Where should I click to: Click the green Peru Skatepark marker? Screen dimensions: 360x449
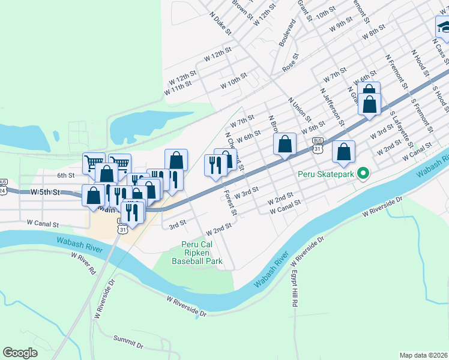point(363,175)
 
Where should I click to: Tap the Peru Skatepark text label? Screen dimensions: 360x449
point(328,176)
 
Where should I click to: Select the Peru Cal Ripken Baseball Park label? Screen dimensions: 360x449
point(197,253)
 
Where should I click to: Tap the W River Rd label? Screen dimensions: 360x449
point(83,263)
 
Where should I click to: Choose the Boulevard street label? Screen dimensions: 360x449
point(288,33)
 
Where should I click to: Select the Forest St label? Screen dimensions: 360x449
point(231,203)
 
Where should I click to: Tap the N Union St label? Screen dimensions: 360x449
point(300,109)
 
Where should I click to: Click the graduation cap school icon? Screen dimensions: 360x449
point(443,27)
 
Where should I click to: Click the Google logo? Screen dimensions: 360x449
point(20,353)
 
